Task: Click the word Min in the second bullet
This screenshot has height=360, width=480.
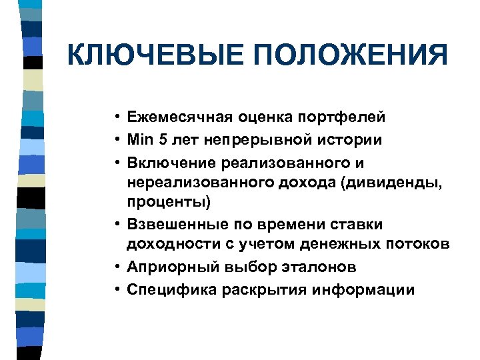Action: tap(141, 140)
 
